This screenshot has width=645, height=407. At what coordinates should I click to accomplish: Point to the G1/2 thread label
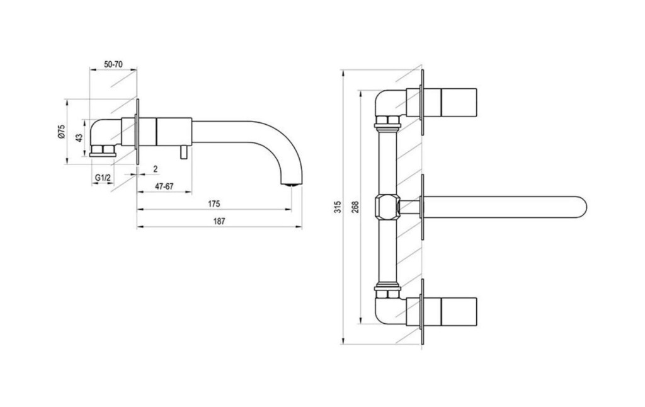coord(103,179)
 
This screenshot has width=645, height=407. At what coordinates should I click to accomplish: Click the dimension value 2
coord(155,168)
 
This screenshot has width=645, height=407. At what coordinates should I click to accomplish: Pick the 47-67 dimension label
coord(164,187)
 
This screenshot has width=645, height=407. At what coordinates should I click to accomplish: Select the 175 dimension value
coord(214,203)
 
